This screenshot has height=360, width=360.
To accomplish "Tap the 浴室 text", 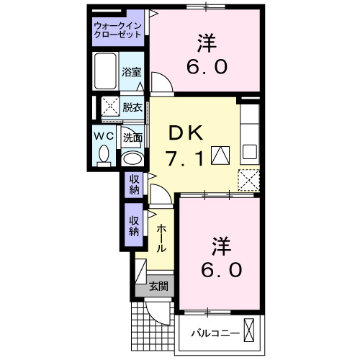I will (131, 73).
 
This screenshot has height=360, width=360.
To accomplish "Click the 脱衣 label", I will (132, 107).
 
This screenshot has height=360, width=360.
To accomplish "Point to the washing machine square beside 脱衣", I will (109, 107).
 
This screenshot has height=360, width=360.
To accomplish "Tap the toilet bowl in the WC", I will (104, 153).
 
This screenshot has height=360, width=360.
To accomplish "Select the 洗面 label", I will (132, 136).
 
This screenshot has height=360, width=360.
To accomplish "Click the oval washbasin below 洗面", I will (131, 158).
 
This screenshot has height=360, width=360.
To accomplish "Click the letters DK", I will (187, 133).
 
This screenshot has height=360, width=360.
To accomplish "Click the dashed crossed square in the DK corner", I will (248, 177).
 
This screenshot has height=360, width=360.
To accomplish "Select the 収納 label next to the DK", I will (134, 184).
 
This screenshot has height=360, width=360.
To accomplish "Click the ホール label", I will (161, 238).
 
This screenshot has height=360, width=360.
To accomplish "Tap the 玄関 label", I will (158, 286).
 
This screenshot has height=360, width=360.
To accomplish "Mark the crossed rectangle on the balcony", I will (248, 331).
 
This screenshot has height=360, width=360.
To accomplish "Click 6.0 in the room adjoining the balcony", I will (221, 270).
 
